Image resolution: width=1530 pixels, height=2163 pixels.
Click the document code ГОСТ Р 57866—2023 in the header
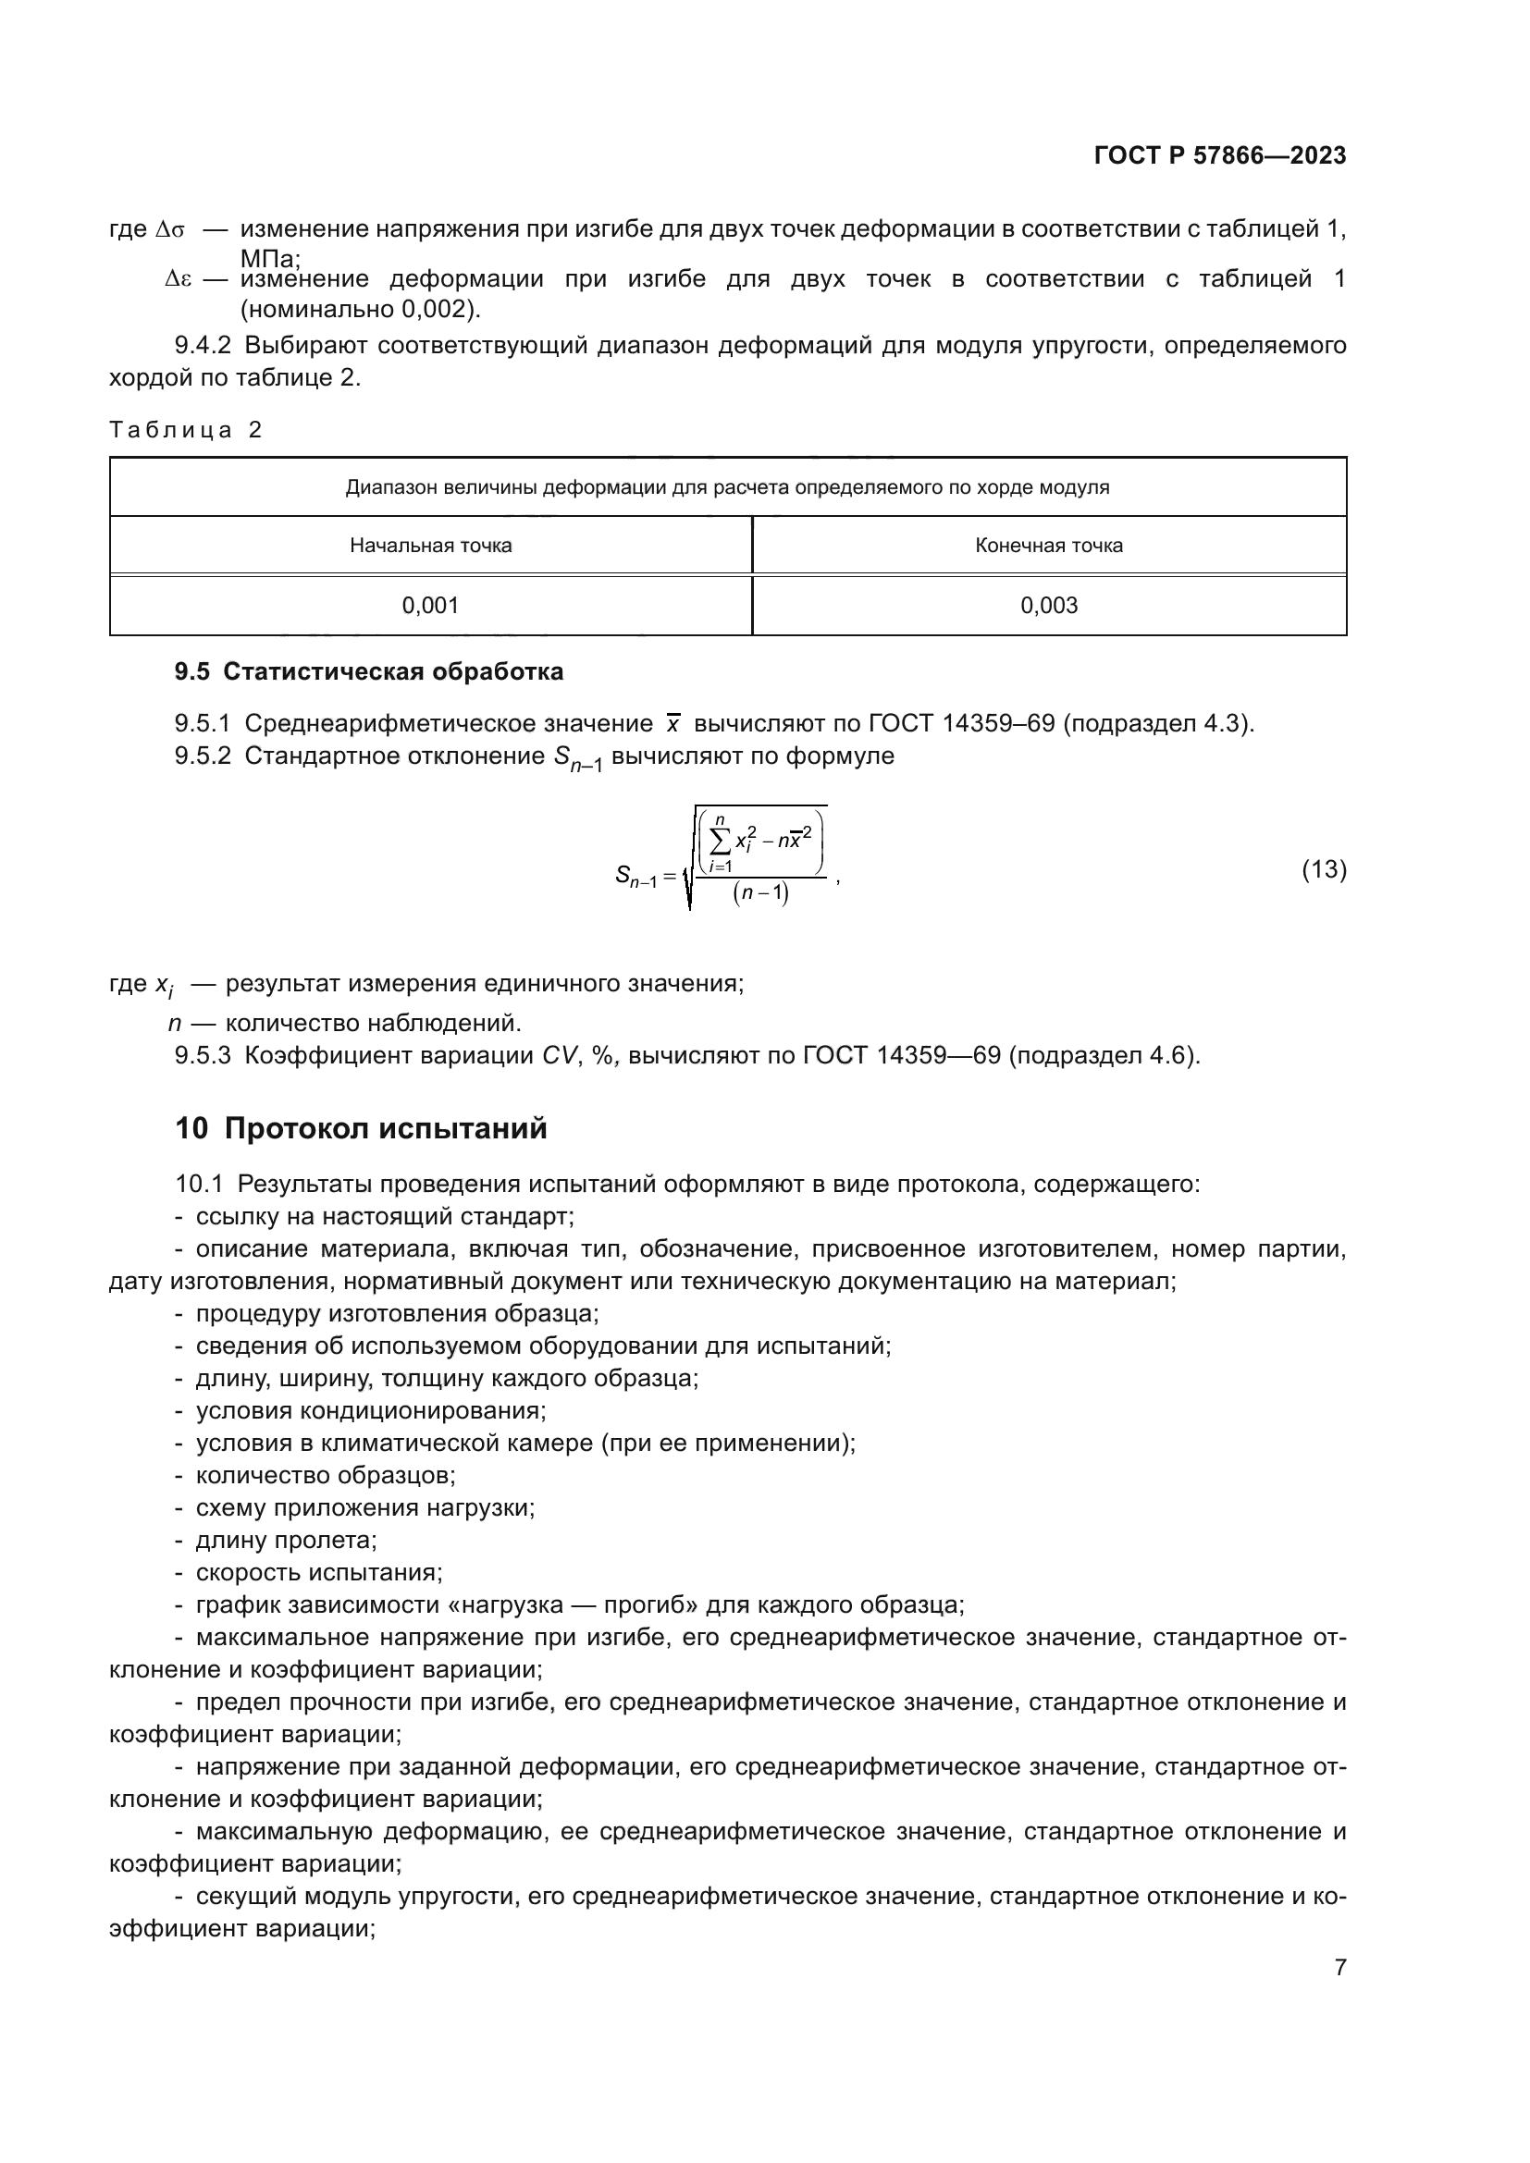click(1219, 155)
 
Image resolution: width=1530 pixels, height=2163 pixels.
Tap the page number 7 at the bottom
click(1339, 1967)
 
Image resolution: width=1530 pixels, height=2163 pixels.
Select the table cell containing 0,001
click(430, 606)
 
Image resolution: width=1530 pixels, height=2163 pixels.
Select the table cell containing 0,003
click(1049, 606)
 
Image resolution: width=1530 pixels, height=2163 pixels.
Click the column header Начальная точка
click(430, 546)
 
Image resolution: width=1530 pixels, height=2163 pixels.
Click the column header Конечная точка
click(1049, 546)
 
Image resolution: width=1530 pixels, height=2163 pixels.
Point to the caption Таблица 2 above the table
click(186, 431)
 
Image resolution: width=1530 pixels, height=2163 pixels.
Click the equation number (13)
click(1324, 869)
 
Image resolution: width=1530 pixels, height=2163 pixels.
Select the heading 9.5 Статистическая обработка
click(368, 671)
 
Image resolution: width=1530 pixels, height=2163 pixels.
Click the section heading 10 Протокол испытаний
click(361, 1128)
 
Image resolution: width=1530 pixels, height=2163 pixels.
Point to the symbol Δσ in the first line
click(170, 230)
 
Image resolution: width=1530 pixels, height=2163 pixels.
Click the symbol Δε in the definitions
click(178, 279)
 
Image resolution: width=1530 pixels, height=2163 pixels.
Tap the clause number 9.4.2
click(203, 346)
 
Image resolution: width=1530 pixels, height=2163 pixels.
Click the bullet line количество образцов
click(325, 1475)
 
